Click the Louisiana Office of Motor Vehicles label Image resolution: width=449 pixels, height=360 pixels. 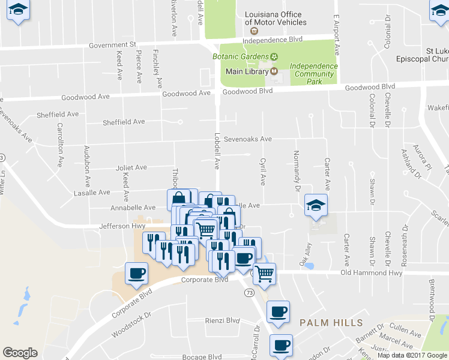[276, 18]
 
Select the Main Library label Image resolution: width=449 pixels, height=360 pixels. [246, 71]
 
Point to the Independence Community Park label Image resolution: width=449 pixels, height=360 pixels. [312, 74]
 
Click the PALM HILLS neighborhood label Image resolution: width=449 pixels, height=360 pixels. [331, 323]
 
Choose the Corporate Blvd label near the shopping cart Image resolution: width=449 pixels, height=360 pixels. [205, 280]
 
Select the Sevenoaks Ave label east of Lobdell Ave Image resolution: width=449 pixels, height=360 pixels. [248, 139]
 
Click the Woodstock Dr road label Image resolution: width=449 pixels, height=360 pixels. [132, 326]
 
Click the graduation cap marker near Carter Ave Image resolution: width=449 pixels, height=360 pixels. [316, 206]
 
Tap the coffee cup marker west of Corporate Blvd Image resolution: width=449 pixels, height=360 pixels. [136, 274]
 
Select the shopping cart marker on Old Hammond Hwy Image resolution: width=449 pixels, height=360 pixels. [264, 274]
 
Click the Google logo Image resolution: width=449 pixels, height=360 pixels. [20, 353]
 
